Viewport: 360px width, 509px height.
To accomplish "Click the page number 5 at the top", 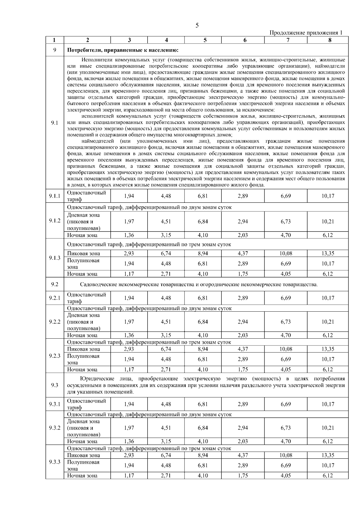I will point(197,25).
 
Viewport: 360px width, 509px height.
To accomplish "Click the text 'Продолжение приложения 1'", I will point(306,33).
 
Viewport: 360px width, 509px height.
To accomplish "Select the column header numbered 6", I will point(245,40).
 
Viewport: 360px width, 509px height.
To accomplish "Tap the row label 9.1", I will point(55,123).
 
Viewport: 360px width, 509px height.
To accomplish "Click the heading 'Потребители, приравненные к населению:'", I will point(123,50).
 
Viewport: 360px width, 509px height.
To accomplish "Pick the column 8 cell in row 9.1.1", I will point(328,196).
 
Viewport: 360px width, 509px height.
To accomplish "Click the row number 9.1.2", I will point(55,221).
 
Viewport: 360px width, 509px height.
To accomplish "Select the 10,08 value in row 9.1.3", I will point(286,253).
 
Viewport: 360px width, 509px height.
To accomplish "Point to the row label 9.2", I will point(55,284).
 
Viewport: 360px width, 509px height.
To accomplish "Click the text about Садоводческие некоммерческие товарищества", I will point(199,284).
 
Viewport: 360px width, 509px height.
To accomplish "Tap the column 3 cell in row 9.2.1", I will point(129,298).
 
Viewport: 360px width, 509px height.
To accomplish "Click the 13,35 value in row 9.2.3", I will point(328,349).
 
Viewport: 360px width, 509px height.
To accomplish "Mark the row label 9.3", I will point(55,385).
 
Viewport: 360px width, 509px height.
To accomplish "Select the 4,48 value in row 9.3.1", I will point(166,404).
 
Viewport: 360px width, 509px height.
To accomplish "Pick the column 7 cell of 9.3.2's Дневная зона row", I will point(286,428).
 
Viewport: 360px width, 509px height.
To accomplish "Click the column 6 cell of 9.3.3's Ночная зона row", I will point(243,476).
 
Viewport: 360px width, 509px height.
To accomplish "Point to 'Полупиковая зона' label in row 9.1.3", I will point(83,264).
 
